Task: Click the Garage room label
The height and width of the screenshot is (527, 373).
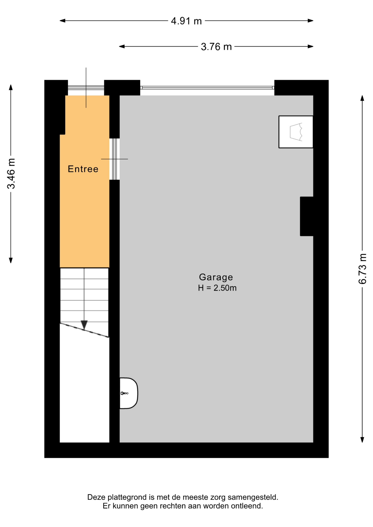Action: point(216,277)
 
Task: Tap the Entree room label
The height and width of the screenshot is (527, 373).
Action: point(83,169)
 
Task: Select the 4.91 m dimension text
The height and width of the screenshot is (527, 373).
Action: point(186,21)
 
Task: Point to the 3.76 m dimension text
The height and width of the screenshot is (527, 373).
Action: point(216,47)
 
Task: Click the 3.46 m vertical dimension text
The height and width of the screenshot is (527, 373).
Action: point(11,173)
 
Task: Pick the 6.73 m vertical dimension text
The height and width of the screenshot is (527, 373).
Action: point(363,269)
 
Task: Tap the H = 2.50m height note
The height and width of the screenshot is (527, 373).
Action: point(217,288)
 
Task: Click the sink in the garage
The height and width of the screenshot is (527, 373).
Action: point(129,393)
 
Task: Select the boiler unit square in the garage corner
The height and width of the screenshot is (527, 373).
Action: point(296,132)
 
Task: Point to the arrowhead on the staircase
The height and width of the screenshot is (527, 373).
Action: point(84,325)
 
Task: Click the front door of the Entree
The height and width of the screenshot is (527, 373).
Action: point(86,88)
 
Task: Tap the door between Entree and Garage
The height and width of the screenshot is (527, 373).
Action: point(115,159)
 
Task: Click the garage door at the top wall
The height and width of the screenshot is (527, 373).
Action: point(207,88)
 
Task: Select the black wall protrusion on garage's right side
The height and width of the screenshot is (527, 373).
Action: point(307,216)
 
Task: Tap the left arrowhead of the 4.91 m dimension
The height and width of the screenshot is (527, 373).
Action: point(62,21)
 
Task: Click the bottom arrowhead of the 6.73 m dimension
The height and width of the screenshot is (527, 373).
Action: point(362,440)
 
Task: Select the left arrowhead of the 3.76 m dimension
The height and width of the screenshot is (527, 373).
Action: point(122,46)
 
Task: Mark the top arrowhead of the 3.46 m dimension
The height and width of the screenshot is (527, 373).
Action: point(11,87)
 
